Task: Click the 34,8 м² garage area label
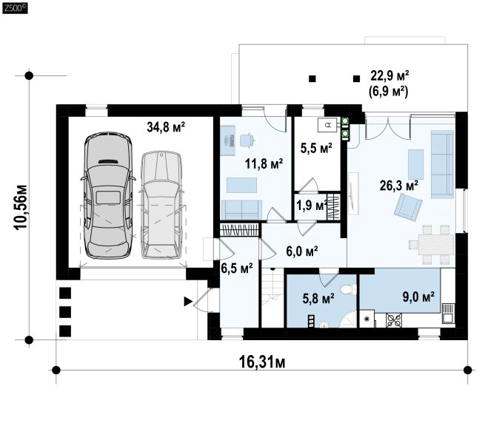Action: click(x=166, y=126)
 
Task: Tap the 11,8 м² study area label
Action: click(x=264, y=163)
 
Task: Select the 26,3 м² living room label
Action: click(x=399, y=186)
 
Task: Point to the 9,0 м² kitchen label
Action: click(x=418, y=297)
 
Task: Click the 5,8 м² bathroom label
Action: click(x=318, y=299)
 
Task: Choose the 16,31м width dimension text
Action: click(x=262, y=362)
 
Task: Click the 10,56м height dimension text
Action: click(x=21, y=207)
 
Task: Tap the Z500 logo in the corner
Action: click(x=15, y=7)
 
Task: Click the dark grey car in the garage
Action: click(x=108, y=195)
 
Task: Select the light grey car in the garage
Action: click(x=161, y=205)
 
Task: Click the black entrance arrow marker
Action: click(x=188, y=301)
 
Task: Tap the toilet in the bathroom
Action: click(x=349, y=290)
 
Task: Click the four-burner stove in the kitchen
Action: click(x=394, y=319)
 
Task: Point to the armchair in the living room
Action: click(x=408, y=207)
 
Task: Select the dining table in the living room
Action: click(x=436, y=245)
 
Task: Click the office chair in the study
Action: click(x=247, y=140)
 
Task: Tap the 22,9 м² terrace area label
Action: click(x=389, y=75)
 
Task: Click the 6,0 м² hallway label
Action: click(x=302, y=251)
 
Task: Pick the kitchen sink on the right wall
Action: click(x=448, y=312)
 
